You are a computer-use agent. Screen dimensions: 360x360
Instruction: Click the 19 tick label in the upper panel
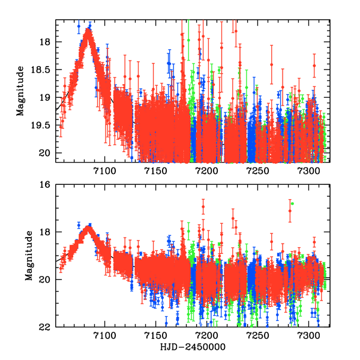(45, 97)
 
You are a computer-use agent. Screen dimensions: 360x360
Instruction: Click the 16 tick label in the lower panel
(45, 185)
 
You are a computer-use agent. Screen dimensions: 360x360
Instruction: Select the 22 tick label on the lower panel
(45, 327)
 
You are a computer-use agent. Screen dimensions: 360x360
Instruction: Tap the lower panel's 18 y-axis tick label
(45, 232)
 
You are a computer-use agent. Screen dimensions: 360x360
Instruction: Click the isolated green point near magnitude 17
(292, 204)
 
